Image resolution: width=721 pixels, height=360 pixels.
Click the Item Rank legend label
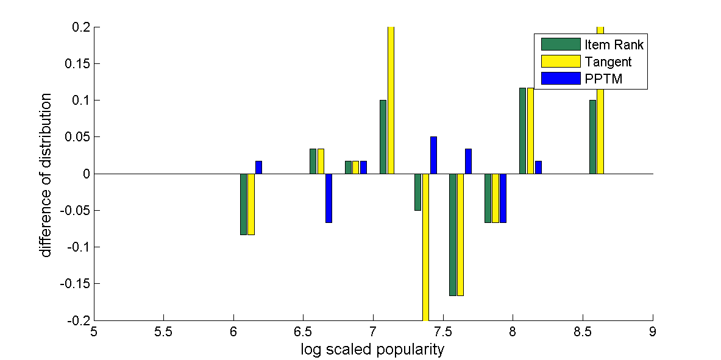[x=613, y=44]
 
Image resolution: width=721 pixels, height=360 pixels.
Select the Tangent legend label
[x=608, y=62]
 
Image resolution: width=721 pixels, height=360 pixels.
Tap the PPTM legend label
[x=603, y=79]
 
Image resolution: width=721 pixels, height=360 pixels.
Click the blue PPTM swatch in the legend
[x=561, y=79]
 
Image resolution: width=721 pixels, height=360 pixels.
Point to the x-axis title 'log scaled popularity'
[x=372, y=350]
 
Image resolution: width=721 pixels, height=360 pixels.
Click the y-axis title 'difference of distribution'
[x=46, y=175]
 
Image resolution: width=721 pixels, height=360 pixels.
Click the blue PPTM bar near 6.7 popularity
[x=329, y=198]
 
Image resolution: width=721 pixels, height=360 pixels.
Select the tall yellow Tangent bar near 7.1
[x=391, y=101]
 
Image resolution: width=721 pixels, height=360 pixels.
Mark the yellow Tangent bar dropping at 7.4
[x=425, y=247]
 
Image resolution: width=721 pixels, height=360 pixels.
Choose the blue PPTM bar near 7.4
[x=433, y=155]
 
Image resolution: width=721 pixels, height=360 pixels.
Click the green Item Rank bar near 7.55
[x=453, y=235]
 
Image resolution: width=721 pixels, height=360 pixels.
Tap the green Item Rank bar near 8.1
[x=522, y=131]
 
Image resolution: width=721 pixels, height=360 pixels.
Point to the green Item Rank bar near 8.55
[x=592, y=137]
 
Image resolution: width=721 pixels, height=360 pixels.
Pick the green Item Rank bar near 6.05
[x=243, y=204]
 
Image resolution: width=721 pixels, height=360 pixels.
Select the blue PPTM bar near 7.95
[x=503, y=198]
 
